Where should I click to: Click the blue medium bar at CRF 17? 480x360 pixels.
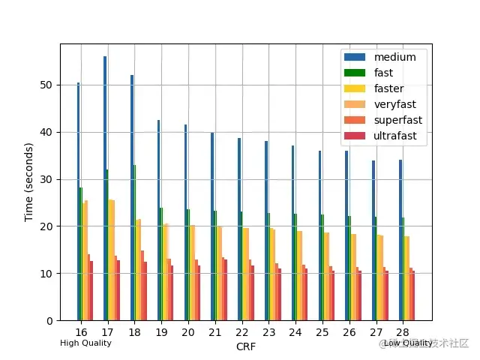coord(105,187)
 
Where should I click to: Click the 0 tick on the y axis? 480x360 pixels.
coord(49,321)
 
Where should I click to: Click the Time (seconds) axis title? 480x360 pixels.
coord(29,182)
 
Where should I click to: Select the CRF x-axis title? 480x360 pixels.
coord(246,346)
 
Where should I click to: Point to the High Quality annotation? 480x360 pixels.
coord(85,343)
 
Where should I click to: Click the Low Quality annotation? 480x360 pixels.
coord(408,343)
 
